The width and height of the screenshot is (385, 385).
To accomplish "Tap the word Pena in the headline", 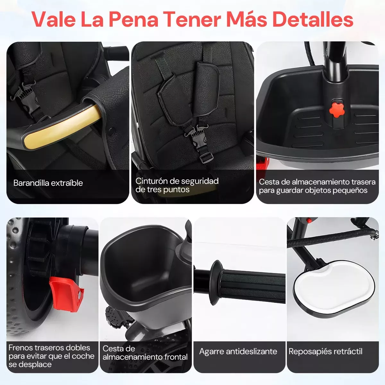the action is pos(133,20).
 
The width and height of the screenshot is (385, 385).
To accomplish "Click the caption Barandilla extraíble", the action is pos(48,183).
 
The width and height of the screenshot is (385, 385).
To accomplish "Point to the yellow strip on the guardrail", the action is pos(62,127).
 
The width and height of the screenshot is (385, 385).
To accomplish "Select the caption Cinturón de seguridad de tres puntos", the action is pos(177,185).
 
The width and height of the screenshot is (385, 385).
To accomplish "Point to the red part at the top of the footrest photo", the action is pos(309,220).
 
